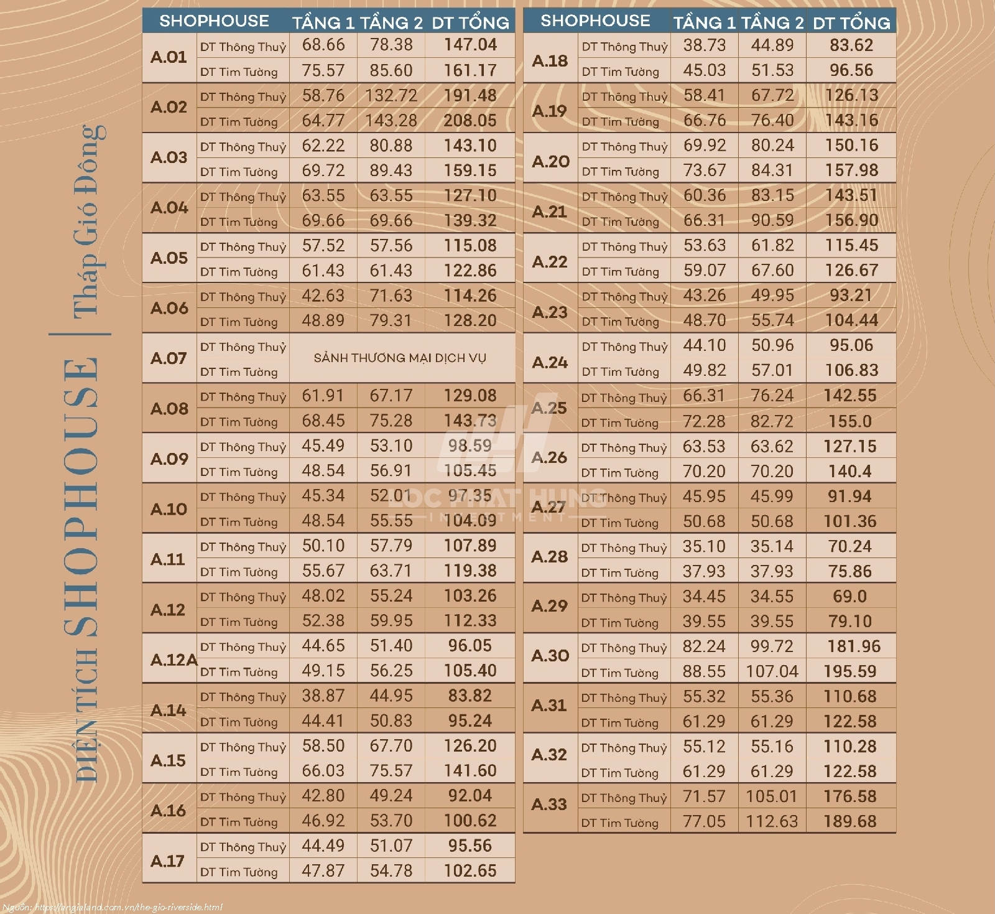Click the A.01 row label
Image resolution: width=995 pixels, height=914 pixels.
point(169,57)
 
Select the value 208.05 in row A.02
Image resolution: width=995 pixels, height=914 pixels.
point(470,120)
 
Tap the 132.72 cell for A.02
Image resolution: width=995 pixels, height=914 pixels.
point(391,95)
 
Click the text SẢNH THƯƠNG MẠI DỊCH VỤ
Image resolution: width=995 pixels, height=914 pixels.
point(400,358)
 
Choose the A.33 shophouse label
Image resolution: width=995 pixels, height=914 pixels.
point(549,804)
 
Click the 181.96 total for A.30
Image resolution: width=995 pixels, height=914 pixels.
point(853,646)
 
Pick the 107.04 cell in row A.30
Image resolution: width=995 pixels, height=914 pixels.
point(772,671)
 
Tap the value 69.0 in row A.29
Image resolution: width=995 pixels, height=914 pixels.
point(849,596)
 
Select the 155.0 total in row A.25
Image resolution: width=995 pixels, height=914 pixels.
point(849,421)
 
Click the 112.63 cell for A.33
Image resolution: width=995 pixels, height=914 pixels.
point(772,821)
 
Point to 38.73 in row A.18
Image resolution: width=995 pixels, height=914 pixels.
point(704,45)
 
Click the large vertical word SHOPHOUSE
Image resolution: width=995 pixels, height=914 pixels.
point(82,498)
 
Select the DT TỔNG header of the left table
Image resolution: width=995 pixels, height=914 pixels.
point(470,23)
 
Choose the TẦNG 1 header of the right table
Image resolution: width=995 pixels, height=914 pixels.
point(704,23)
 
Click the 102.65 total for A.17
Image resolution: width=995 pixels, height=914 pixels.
point(470,870)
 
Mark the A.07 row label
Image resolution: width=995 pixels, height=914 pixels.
point(169,358)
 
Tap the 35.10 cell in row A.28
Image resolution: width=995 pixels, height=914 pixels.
point(704,546)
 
